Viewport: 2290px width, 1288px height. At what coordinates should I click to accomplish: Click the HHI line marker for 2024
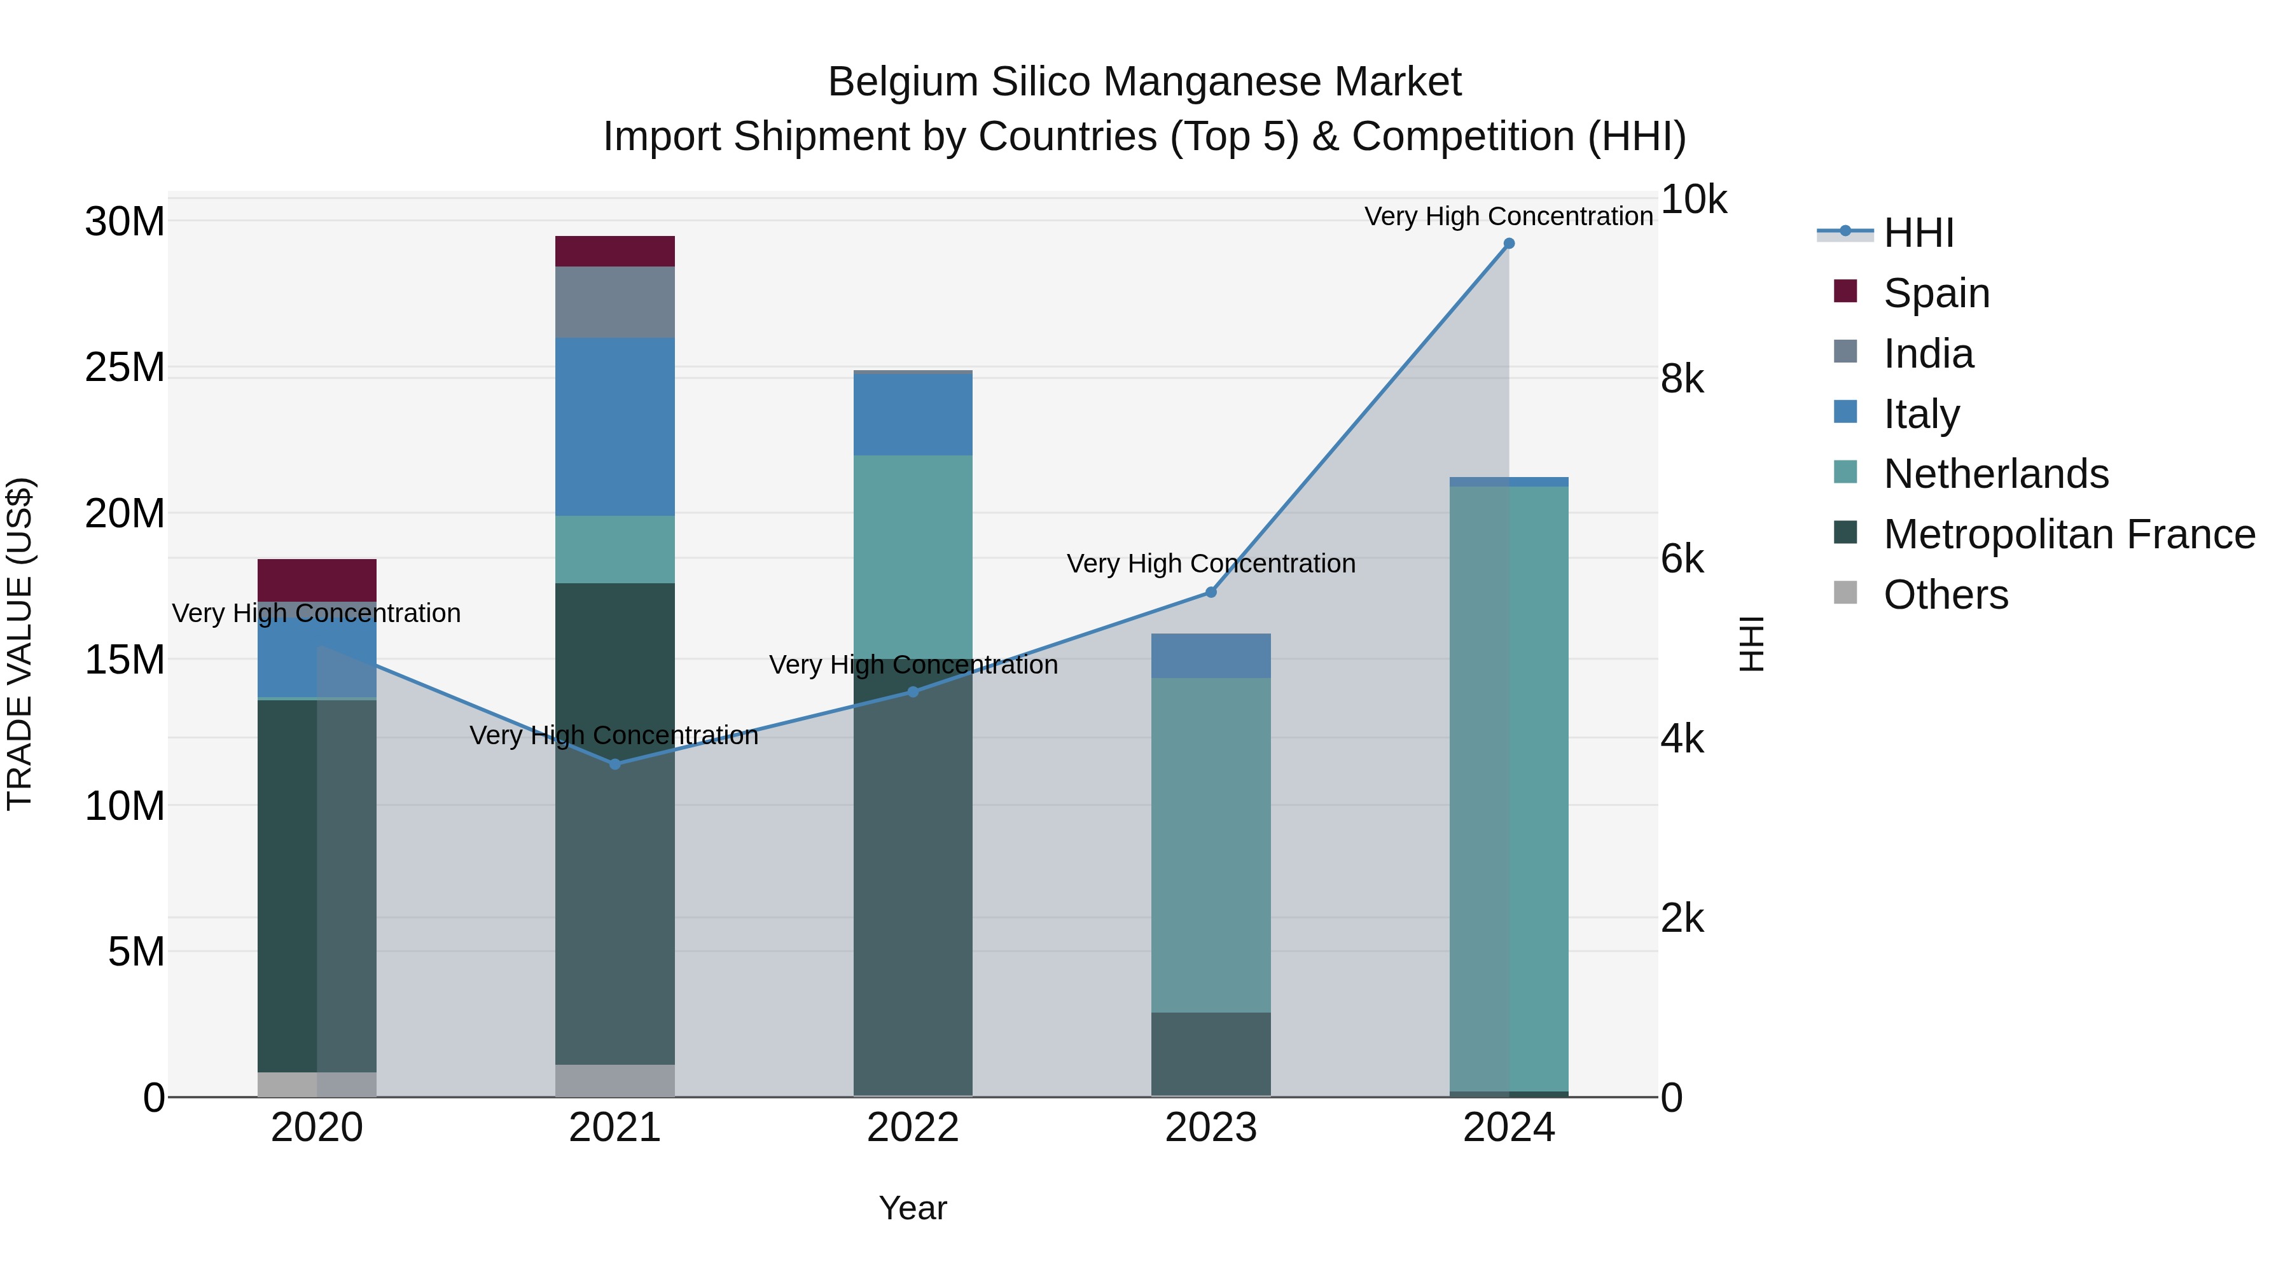point(1509,244)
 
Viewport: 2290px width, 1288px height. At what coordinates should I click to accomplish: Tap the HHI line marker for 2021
point(615,763)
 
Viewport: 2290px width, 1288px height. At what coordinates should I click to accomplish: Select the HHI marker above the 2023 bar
point(1211,592)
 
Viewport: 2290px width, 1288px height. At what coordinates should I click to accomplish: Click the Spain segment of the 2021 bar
point(615,251)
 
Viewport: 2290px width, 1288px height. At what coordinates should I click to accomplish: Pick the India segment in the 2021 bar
point(615,302)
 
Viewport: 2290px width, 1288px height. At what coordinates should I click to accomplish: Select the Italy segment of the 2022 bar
point(913,414)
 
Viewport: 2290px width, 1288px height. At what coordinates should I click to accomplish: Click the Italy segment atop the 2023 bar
point(1211,656)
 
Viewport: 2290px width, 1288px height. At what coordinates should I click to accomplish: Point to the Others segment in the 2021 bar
point(615,1080)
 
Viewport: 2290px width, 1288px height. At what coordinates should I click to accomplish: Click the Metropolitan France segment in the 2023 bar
point(1211,1053)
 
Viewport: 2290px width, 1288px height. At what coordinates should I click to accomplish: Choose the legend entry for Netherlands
point(1995,474)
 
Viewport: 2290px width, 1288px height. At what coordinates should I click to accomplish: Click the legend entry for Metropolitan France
point(2069,534)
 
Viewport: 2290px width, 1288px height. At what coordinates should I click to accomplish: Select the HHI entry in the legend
point(1919,233)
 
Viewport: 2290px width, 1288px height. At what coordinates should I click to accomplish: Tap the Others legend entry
point(1945,595)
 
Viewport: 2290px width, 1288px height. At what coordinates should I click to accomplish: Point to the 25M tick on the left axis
point(125,367)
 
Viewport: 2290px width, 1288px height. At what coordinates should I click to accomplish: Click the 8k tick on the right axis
point(1682,380)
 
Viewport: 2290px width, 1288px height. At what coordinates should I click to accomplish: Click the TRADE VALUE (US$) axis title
point(20,644)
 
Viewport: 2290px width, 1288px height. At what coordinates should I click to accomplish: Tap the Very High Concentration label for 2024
point(1509,216)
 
